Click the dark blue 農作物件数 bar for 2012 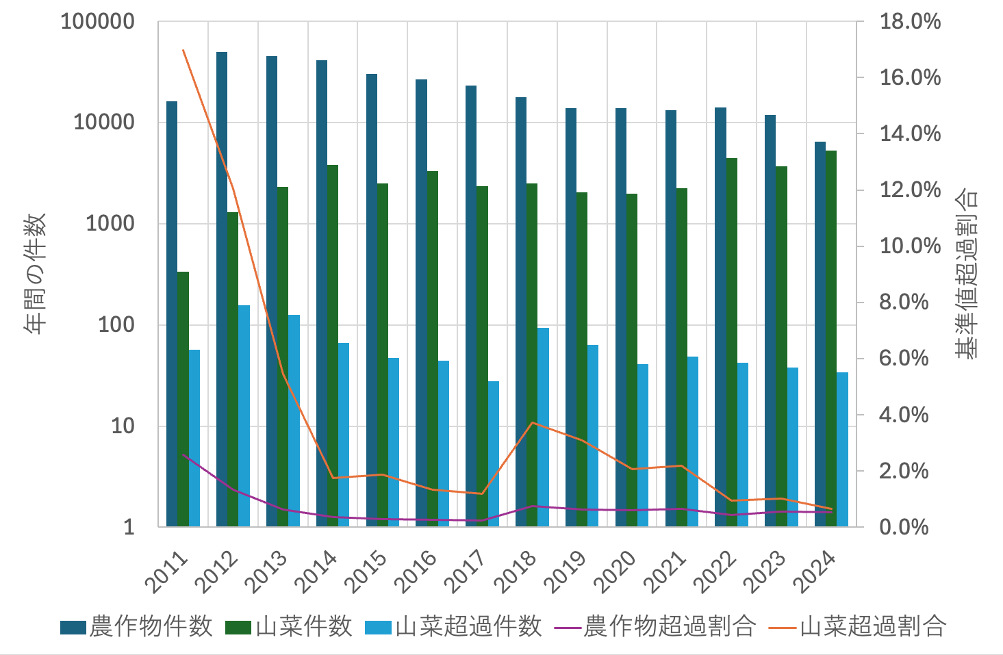point(222,287)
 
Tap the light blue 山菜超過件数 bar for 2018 point(543,424)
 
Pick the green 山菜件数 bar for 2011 point(183,397)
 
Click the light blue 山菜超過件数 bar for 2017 point(493,452)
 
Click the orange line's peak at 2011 point(183,51)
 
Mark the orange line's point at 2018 point(533,422)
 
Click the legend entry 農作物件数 point(137,626)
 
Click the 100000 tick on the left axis point(97,22)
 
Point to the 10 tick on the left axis point(123,426)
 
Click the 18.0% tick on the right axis point(910,22)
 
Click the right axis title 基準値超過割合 point(966,274)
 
